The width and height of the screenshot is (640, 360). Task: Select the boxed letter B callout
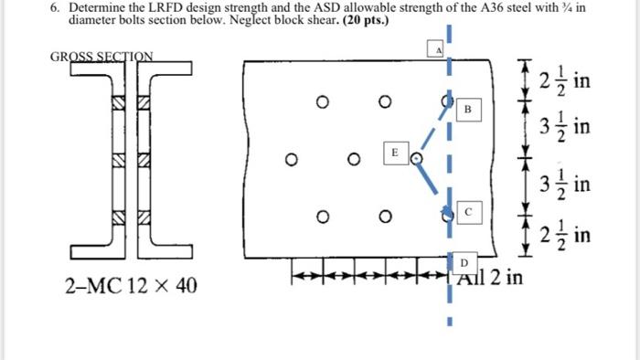click(467, 109)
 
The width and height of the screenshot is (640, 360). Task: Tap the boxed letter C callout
click(467, 211)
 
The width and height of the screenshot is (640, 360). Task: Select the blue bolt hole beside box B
click(447, 101)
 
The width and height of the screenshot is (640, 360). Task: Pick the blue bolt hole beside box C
click(447, 217)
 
